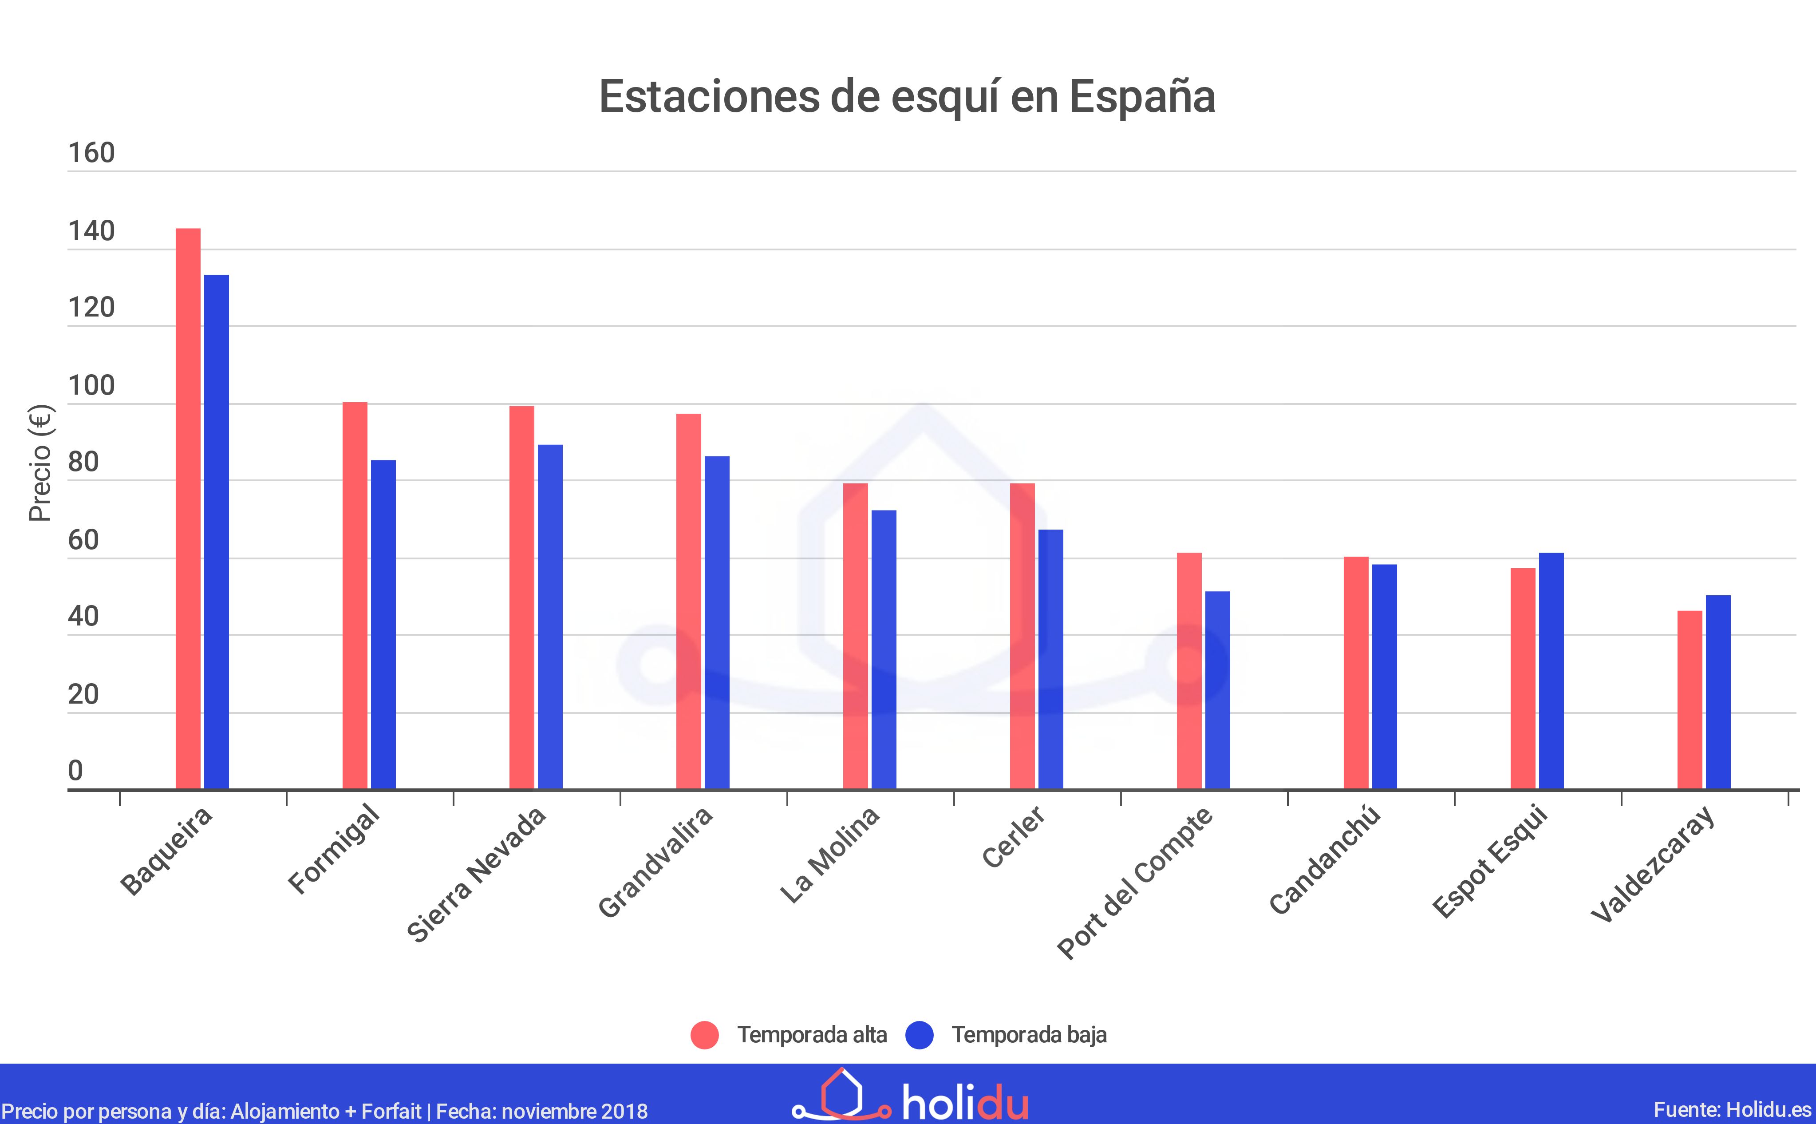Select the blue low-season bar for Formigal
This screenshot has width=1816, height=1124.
point(383,625)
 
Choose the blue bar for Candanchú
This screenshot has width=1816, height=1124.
point(1384,677)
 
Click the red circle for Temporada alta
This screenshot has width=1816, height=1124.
point(704,1035)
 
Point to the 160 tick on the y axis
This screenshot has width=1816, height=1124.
point(91,153)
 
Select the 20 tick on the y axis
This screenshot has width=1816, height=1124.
point(83,694)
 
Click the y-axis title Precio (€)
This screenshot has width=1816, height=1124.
point(40,463)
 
